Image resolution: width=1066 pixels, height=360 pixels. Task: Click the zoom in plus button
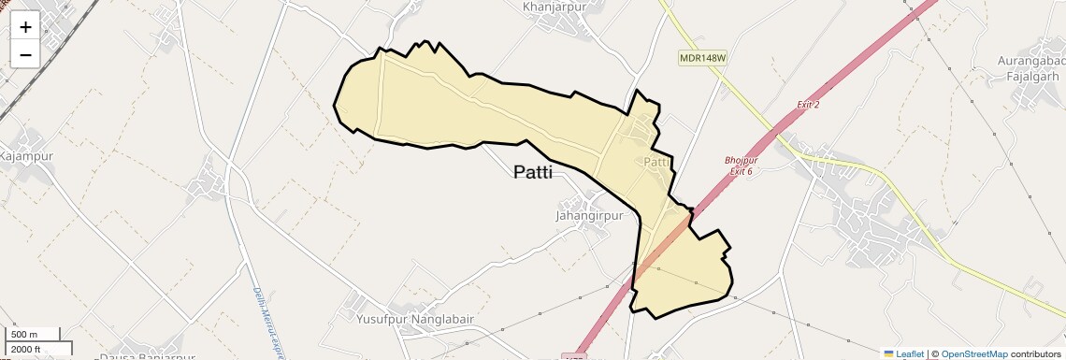(x=25, y=26)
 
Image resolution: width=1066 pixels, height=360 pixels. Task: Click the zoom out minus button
(x=25, y=54)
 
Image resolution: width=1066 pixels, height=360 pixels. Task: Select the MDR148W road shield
(x=702, y=58)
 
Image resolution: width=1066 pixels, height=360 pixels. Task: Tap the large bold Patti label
(x=533, y=172)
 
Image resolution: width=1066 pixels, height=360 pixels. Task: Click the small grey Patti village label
(x=657, y=162)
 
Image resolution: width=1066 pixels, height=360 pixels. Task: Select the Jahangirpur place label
(x=589, y=215)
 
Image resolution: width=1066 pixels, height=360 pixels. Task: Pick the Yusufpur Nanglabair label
(x=415, y=319)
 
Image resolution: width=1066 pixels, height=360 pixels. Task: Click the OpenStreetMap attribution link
(x=973, y=353)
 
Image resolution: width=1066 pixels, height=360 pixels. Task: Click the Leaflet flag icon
(x=888, y=353)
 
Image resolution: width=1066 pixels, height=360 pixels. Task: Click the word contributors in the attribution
(x=1035, y=353)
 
